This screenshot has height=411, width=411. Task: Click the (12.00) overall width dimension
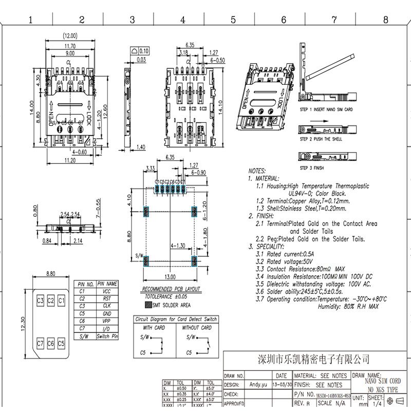70,36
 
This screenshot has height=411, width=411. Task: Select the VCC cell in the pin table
107,291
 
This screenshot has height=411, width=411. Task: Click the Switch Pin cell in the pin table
107,336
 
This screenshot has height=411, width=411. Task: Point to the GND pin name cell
107,313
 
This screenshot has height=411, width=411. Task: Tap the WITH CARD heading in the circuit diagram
154,328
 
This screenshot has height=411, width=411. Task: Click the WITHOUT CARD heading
197,328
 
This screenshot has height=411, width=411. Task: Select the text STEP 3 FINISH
312,168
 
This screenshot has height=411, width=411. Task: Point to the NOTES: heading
257,171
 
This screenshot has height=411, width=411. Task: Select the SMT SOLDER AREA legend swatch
148,305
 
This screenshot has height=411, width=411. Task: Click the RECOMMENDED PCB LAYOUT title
171,289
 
